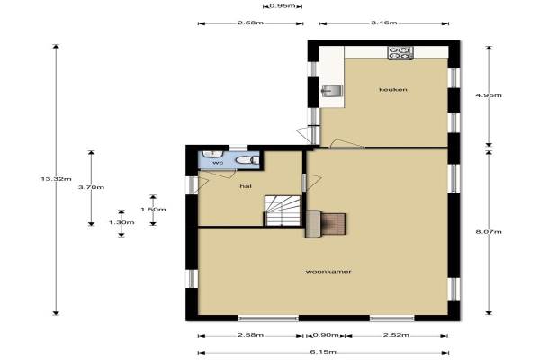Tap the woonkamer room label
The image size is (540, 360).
tap(328, 272)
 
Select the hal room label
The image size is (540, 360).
tap(246, 186)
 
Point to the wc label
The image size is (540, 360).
tap(218, 163)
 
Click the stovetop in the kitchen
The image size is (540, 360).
tap(400, 53)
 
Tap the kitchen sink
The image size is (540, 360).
tap(331, 90)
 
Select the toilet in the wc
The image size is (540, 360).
tap(247, 160)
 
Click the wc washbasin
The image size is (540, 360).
tap(212, 154)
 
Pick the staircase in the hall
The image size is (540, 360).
tap(283, 211)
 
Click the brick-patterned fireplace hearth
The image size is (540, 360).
tap(334, 224)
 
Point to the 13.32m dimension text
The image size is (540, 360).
tap(56, 179)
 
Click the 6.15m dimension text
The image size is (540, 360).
tap(323, 352)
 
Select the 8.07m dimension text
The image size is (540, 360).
tap(489, 232)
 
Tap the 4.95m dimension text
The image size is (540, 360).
tap(489, 95)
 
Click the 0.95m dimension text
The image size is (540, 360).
tap(283, 6)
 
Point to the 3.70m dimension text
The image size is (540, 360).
tap(91, 187)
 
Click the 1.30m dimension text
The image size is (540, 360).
tap(121, 222)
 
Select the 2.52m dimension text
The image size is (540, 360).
tap(396, 335)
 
